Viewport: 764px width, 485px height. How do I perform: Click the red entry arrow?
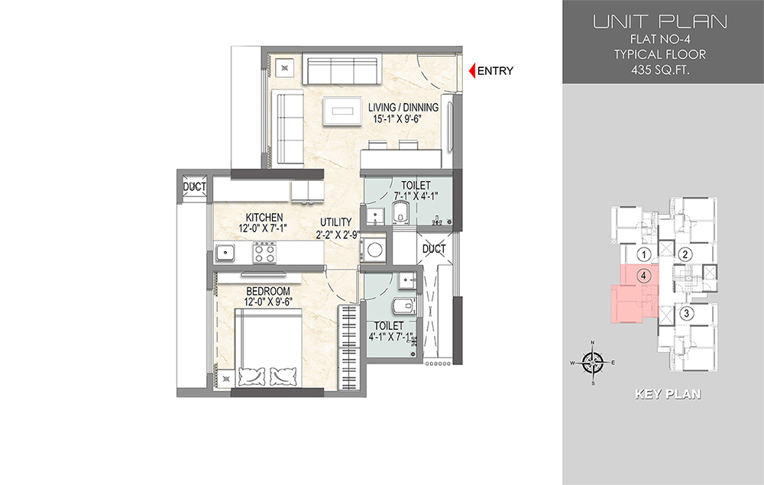click(x=471, y=71)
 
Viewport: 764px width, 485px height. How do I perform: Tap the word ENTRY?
click(x=495, y=71)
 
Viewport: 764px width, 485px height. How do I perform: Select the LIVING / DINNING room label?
click(x=403, y=107)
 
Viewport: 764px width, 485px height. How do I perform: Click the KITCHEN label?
click(x=264, y=217)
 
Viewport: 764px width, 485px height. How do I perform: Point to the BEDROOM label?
click(x=267, y=291)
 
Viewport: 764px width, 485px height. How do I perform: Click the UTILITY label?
click(x=335, y=222)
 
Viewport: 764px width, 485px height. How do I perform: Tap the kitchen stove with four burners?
click(x=264, y=253)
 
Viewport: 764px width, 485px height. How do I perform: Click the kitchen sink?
click(x=225, y=253)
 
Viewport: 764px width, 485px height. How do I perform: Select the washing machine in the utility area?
click(x=374, y=249)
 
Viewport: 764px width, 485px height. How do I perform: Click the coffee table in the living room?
click(x=342, y=112)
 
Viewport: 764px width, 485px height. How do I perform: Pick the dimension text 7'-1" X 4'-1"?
click(x=416, y=196)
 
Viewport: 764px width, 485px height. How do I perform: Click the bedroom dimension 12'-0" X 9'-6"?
click(x=267, y=302)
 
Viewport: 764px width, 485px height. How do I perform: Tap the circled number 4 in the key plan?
click(x=643, y=276)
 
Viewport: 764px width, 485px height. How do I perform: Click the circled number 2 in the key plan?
click(x=685, y=254)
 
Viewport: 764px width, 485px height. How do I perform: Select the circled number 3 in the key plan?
click(x=687, y=313)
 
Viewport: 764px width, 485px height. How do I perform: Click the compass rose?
click(x=593, y=363)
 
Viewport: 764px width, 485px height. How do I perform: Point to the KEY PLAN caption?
click(x=668, y=394)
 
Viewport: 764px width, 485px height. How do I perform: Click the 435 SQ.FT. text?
click(x=660, y=70)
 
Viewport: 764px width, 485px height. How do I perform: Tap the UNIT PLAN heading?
click(x=660, y=21)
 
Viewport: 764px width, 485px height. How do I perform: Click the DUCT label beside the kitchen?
click(x=194, y=186)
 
